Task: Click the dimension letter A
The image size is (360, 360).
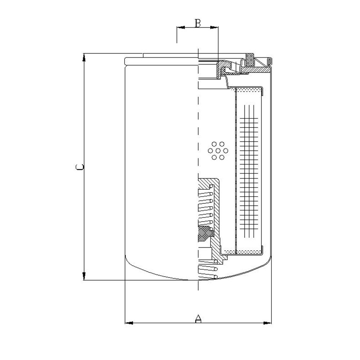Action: (x=198, y=319)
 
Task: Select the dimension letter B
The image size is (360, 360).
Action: (x=198, y=23)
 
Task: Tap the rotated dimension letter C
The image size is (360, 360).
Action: (x=80, y=167)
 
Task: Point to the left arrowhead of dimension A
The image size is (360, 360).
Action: (x=129, y=323)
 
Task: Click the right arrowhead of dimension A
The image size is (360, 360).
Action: (x=267, y=323)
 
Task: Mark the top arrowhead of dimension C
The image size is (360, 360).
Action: (x=84, y=57)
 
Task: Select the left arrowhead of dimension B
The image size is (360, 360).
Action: (x=181, y=28)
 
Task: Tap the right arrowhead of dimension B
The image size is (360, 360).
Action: (x=214, y=28)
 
